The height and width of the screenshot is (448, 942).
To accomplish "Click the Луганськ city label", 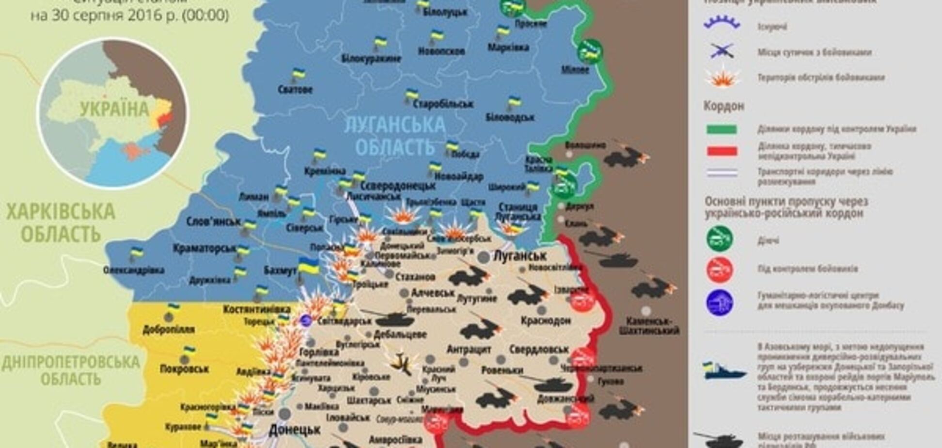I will [x=519, y=256].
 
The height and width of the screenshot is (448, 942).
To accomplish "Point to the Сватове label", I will [x=295, y=90].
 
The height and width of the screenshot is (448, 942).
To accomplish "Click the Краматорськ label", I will [x=204, y=249].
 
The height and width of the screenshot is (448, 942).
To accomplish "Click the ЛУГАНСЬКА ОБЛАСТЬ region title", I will [x=394, y=135].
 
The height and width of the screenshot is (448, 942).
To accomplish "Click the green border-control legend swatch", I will [x=722, y=129].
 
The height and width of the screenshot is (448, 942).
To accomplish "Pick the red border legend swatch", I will [x=722, y=151].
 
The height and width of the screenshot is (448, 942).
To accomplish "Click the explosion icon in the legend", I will [x=722, y=78].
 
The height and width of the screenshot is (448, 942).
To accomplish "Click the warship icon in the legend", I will [x=723, y=371].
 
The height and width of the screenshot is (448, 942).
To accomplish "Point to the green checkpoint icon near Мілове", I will [x=590, y=51].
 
